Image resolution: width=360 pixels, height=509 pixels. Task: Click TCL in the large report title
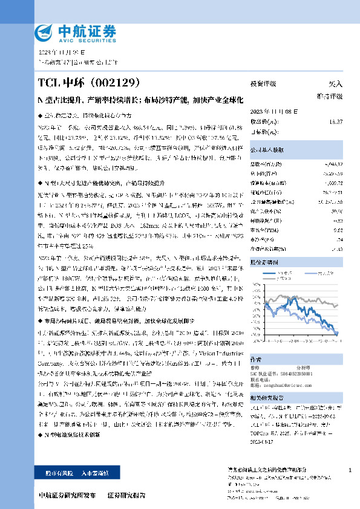pyautogui.click(x=50, y=82)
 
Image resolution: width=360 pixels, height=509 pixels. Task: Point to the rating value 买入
pyautogui.click(x=335, y=84)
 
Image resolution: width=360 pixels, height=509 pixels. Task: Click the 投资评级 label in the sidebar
pyautogui.click(x=264, y=84)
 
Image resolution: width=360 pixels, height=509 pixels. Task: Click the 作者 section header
pyautogui.click(x=257, y=358)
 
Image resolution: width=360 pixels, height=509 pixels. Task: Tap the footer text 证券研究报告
pyautogui.click(x=126, y=495)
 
